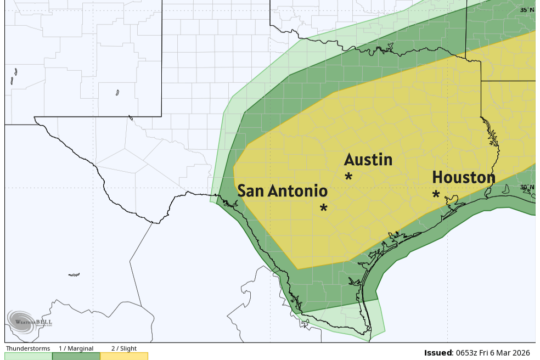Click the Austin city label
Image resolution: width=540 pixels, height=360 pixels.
pos(368,160)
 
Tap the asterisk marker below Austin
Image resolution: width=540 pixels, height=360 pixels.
pos(348,177)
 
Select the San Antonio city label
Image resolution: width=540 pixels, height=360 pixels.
pos(282,191)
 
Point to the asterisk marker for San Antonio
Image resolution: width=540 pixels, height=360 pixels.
pos(324,208)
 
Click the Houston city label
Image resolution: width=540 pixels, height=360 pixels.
pos(463,177)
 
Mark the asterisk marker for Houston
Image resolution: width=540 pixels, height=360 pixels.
pos(436,195)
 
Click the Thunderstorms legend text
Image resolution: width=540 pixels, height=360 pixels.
pos(28,348)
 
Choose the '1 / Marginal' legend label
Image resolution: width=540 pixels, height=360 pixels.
pos(76,348)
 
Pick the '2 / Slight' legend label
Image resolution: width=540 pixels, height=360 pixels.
pos(123,348)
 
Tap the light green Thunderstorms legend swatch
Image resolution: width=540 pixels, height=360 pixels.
pos(28,356)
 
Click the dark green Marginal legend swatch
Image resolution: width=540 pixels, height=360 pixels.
pos(76,356)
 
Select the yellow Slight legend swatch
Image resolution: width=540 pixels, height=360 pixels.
pos(123,356)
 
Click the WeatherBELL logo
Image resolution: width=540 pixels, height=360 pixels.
pos(30,321)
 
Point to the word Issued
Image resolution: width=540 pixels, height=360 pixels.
pos(438,353)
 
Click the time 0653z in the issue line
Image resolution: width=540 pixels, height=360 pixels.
pos(467,353)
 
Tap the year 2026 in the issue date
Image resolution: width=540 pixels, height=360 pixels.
pos(525,353)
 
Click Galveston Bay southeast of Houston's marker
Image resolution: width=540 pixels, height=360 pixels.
pos(453,204)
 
